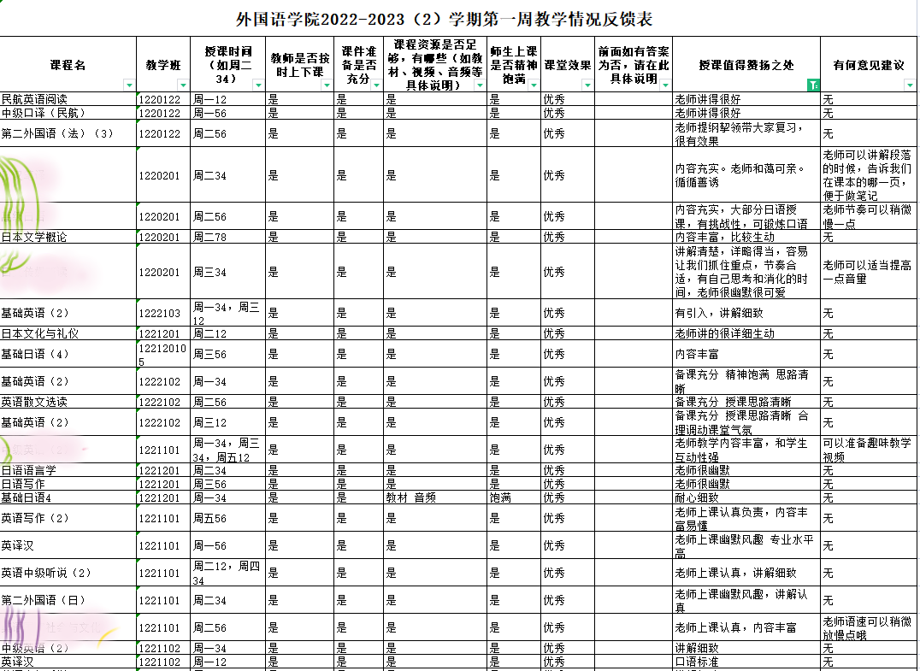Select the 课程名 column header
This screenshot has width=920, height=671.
click(x=68, y=65)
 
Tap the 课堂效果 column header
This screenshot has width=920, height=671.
click(x=568, y=65)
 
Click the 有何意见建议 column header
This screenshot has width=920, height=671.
click(x=869, y=65)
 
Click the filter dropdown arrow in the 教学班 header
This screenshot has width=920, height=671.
click(x=183, y=85)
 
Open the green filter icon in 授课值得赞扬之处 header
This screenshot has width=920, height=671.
click(x=813, y=85)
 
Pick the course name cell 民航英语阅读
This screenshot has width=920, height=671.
click(x=34, y=99)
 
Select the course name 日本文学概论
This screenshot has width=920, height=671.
click(x=34, y=237)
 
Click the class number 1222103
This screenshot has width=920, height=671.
click(x=160, y=314)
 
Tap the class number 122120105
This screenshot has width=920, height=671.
click(x=160, y=354)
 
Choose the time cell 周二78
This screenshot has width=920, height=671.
click(x=210, y=237)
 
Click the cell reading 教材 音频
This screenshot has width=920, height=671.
click(x=412, y=497)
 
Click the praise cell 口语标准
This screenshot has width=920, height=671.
click(x=697, y=662)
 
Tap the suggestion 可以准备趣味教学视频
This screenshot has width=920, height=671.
click(x=867, y=450)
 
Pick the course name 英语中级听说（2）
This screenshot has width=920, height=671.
click(x=46, y=573)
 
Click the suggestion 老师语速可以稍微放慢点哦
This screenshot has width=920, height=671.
click(x=867, y=627)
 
